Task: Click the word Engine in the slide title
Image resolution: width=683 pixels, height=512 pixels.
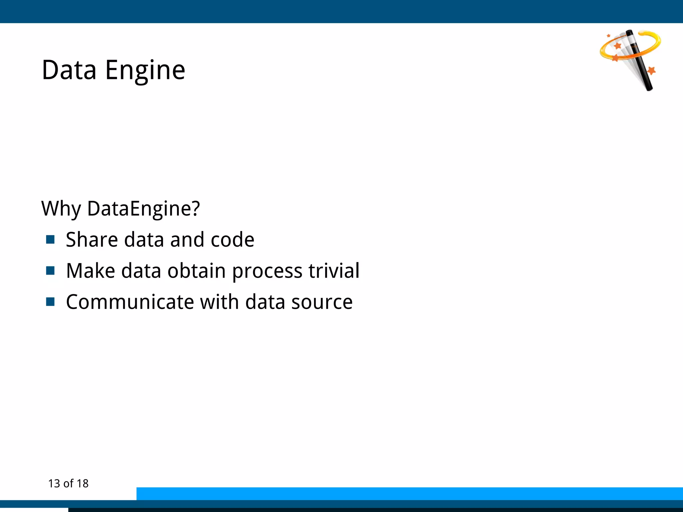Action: [x=145, y=71]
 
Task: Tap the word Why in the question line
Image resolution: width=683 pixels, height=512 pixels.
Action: [x=61, y=209]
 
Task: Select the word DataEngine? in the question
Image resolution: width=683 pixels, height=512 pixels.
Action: [x=143, y=209]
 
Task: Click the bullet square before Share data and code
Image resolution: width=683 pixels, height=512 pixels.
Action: [x=50, y=239]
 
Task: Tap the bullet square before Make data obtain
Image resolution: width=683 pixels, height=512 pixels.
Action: [x=50, y=270]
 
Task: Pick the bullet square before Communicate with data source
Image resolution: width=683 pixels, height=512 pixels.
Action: [x=50, y=302]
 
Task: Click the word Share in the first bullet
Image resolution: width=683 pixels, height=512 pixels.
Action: [x=92, y=240]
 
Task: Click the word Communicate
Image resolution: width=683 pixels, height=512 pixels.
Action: [x=130, y=302]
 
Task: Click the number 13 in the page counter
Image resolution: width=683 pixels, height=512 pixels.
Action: [x=54, y=484]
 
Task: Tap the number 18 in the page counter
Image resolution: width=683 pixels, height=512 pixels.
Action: [x=82, y=484]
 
